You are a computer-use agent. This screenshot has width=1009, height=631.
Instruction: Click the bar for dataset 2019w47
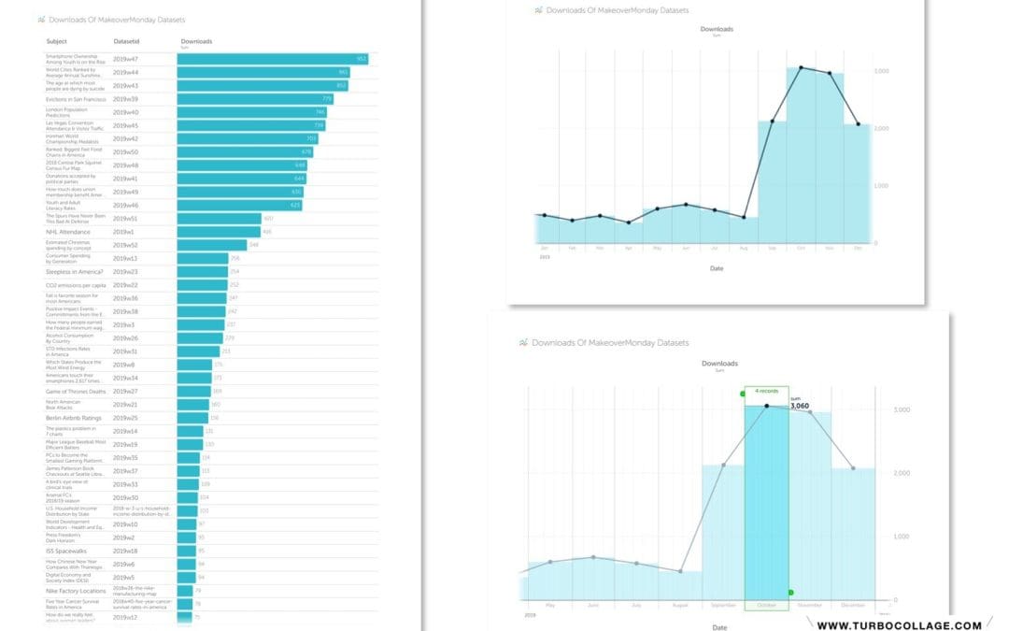pos(271,59)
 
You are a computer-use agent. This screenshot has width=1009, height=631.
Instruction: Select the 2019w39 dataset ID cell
pos(125,98)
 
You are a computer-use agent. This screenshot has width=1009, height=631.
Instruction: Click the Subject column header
pos(56,41)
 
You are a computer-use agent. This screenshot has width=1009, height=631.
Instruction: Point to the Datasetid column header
pos(126,41)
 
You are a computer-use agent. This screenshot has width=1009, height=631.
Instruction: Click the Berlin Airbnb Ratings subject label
pos(74,418)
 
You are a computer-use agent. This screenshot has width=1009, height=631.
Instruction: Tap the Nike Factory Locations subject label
pos(75,591)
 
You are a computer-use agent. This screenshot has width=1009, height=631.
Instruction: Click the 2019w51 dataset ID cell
pos(125,218)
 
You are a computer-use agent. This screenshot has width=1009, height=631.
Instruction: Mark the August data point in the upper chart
pos(744,218)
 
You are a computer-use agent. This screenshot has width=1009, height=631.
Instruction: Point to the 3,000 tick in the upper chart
pos(881,71)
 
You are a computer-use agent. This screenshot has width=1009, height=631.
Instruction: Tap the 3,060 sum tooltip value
pos(800,407)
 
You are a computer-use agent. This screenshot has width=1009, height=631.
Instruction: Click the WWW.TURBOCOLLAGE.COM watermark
pos(899,624)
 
